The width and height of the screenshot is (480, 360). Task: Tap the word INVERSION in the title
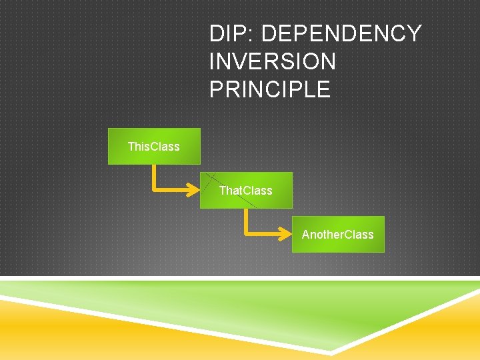tap(273, 61)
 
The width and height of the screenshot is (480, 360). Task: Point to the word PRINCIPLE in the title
tap(270, 89)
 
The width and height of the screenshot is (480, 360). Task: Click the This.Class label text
tap(153, 146)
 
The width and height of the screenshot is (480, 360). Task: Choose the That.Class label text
tap(245, 191)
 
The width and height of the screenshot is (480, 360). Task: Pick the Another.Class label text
tap(337, 235)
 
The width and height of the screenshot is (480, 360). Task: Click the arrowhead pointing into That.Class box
tap(194, 189)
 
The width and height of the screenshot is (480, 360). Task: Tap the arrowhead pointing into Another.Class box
tap(286, 233)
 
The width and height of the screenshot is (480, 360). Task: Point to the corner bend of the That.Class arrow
tap(247, 233)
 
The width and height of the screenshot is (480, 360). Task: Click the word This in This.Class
tap(138, 146)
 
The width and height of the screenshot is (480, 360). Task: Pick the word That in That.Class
tap(230, 191)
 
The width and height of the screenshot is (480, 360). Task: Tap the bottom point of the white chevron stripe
tap(331, 352)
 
